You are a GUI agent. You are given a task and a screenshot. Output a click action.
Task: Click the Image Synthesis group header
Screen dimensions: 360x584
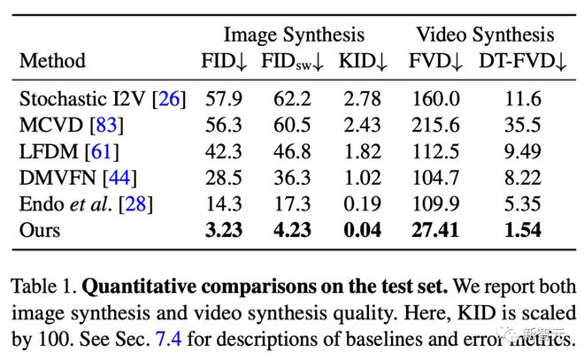pyautogui.click(x=293, y=34)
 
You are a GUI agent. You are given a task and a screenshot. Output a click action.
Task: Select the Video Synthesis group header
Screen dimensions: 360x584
pyautogui.click(x=486, y=34)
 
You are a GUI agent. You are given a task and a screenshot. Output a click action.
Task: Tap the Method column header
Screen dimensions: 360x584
pyautogui.click(x=52, y=61)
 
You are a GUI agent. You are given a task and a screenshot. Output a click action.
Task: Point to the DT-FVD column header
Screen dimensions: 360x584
pyautogui.click(x=518, y=61)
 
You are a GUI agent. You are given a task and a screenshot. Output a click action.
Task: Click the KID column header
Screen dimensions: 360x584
pyautogui.click(x=363, y=61)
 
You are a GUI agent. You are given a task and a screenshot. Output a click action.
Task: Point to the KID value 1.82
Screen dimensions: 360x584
pyautogui.click(x=363, y=152)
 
